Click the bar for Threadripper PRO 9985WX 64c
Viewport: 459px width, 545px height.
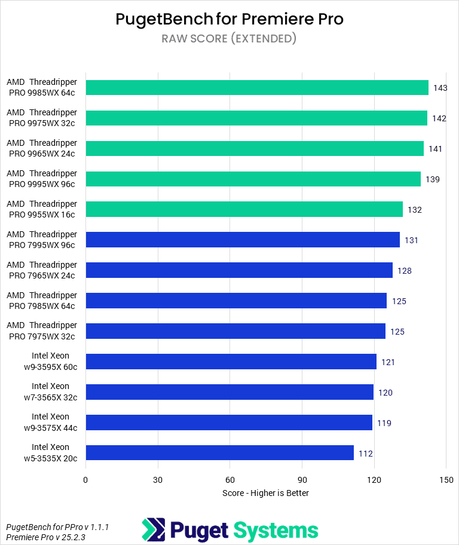[257, 88]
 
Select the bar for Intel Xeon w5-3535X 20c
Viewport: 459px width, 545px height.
[219, 453]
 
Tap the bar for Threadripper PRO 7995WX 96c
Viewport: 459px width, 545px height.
[243, 240]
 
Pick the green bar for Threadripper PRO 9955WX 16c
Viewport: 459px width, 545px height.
[244, 209]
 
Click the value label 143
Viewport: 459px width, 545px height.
[440, 88]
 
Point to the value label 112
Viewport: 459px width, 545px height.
[366, 454]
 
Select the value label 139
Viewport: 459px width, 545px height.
[433, 179]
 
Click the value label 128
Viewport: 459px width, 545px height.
[405, 271]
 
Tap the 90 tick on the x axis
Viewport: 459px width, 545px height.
[302, 480]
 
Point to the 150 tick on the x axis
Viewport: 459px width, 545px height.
[446, 480]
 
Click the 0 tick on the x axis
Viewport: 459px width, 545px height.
[85, 480]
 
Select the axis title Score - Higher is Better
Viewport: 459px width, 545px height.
[265, 493]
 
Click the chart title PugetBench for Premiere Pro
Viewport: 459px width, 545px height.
[229, 19]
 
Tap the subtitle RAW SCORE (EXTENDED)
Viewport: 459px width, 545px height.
[229, 39]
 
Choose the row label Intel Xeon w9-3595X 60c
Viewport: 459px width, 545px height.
[50, 362]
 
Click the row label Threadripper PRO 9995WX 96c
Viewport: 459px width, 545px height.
[42, 179]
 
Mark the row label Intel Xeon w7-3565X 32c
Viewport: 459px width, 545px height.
[50, 392]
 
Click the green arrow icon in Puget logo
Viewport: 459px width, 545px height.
[153, 530]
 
